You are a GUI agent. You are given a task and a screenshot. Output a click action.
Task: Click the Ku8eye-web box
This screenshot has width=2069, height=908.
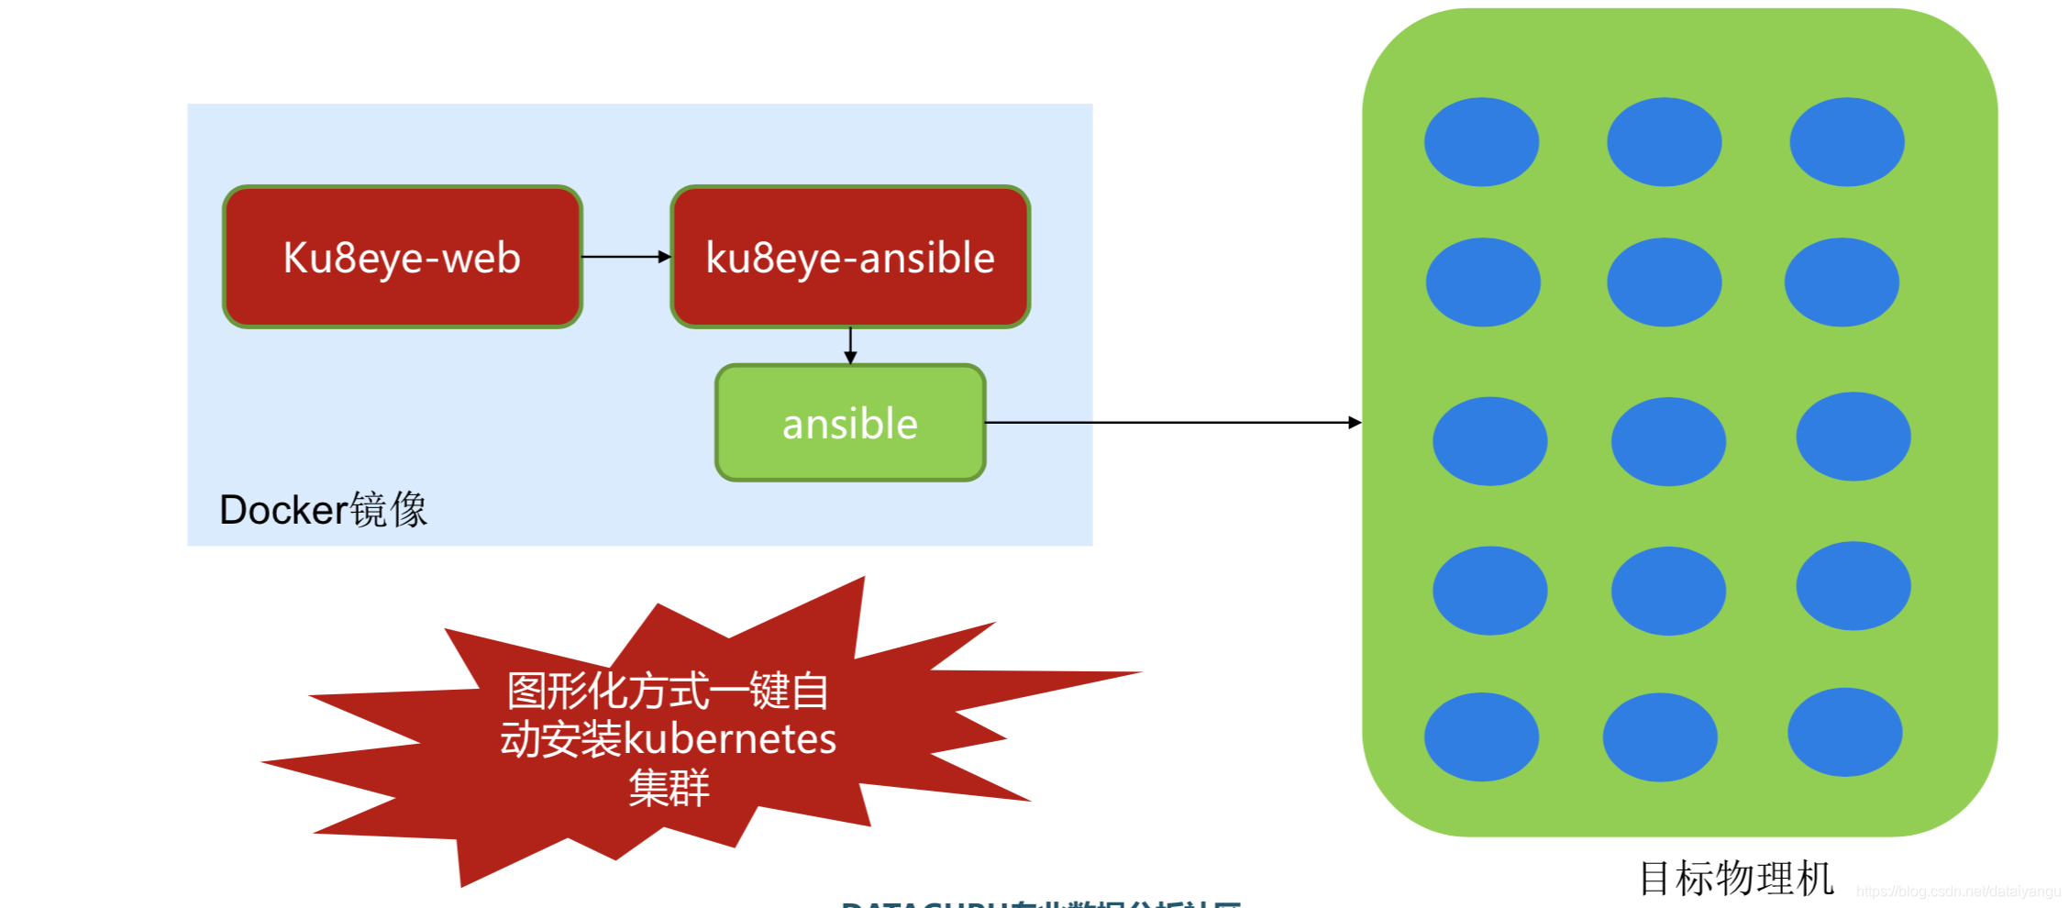402,257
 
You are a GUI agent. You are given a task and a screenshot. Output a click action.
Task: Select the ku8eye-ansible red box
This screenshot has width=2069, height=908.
850,257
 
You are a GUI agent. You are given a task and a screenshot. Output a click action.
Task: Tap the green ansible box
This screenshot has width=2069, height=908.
850,423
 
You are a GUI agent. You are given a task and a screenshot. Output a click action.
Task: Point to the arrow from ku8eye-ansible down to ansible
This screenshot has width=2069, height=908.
850,346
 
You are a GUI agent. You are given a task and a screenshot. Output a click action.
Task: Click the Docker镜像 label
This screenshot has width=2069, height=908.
323,509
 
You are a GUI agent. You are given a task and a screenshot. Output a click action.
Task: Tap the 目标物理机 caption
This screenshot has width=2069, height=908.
1736,878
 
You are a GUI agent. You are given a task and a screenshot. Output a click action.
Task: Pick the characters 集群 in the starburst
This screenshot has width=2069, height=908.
669,788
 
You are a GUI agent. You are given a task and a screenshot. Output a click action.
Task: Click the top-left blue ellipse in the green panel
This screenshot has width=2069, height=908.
1481,142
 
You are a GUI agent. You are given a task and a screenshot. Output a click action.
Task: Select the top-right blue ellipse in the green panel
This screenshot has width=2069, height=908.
1846,142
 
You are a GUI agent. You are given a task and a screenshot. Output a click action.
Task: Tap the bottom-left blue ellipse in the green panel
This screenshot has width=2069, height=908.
1481,736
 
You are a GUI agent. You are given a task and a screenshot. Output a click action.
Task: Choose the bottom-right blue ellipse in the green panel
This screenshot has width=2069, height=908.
1844,732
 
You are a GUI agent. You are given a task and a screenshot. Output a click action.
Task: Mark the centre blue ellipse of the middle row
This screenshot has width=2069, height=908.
1668,441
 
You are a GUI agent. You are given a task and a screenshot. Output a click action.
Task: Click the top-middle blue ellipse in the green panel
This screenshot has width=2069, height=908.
1664,142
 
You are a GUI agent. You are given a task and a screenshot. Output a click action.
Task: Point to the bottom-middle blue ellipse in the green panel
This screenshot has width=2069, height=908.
1660,736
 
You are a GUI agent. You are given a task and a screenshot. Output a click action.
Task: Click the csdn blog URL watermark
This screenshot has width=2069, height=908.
1958,891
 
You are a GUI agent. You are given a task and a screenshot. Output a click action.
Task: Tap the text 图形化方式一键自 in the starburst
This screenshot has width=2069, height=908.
668,691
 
